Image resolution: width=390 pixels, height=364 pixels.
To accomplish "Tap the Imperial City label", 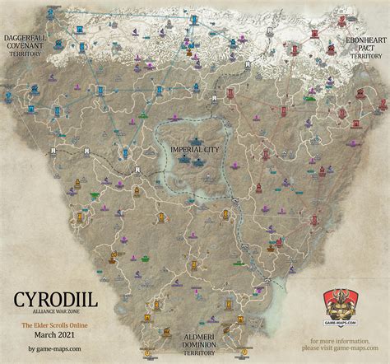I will [x=195, y=149].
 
